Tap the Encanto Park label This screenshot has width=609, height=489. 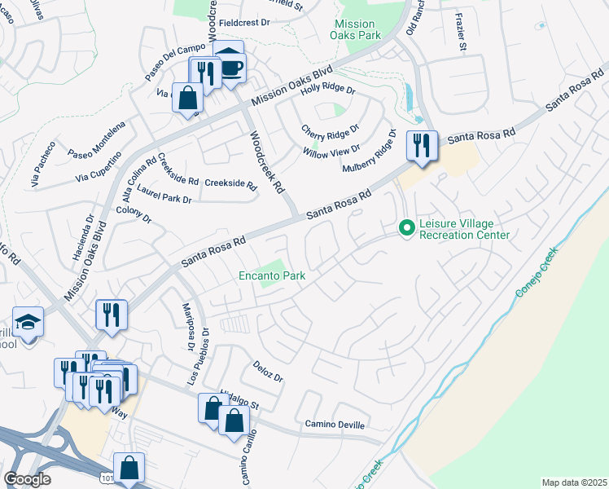[272, 276]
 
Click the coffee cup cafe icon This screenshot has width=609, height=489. [231, 67]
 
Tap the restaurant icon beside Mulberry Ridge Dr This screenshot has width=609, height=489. [422, 146]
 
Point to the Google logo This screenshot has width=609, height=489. [27, 479]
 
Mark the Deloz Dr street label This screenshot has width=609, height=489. [267, 372]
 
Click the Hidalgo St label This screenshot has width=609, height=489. [237, 399]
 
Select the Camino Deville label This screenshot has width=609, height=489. [335, 425]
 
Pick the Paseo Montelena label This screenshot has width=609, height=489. [96, 143]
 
